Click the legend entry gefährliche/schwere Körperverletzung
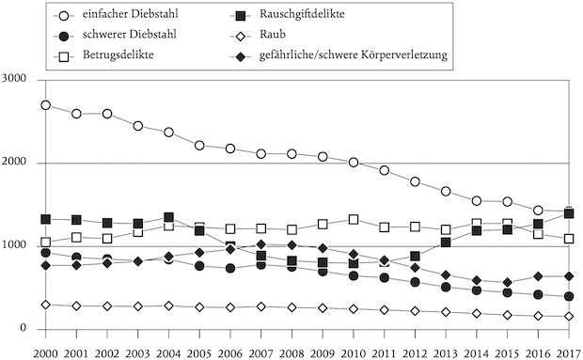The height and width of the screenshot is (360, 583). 353,55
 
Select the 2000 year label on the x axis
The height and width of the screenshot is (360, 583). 45,351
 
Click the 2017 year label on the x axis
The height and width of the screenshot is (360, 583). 568,351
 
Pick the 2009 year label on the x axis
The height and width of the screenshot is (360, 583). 323,351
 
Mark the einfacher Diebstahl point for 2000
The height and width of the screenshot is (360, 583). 45,105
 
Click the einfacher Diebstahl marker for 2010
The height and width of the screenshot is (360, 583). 354,163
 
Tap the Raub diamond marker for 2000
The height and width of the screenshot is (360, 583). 45,305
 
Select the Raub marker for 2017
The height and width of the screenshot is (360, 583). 568,317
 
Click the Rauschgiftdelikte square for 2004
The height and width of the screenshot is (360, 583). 168,218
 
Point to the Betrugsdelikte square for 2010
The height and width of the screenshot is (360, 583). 354,220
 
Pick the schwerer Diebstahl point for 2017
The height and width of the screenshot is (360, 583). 568,297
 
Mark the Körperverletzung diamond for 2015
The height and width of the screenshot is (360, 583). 507,282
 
